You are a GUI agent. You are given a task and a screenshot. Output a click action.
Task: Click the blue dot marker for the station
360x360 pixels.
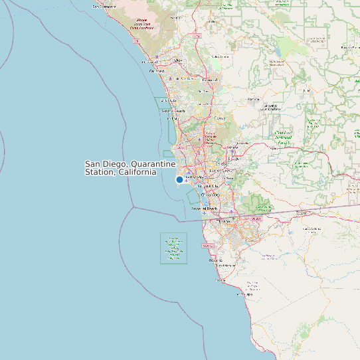tap(179, 179)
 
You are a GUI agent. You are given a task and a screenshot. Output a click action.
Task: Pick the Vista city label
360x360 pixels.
tap(177, 60)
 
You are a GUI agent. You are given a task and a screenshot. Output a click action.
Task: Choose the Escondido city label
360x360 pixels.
tap(211, 80)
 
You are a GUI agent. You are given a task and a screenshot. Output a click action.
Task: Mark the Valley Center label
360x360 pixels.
tap(221, 56)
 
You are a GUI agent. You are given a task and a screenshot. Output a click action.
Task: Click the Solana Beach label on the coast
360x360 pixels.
tap(173, 110)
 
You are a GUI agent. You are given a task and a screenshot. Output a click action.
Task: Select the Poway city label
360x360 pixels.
tap(219, 118)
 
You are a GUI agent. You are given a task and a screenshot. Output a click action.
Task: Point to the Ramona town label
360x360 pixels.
tap(254, 99)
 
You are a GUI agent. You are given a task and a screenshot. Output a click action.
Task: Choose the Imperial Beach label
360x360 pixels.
tap(205, 209)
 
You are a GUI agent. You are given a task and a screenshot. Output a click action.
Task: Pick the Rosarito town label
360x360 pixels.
tap(215, 260)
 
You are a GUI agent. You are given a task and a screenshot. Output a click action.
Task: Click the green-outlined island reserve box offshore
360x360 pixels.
tap(173, 248)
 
